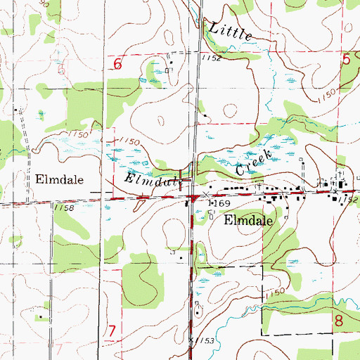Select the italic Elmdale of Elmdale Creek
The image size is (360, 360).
pos(153,181)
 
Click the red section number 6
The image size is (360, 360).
pos(117,64)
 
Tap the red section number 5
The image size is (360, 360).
pos(347,61)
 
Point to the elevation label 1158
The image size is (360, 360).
pos(63,207)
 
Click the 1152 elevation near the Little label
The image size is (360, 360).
pos(210,58)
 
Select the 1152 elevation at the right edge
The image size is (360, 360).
pos(348,200)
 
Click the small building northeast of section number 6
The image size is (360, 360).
pos(171,62)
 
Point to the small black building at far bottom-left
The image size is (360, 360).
pos(40,317)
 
